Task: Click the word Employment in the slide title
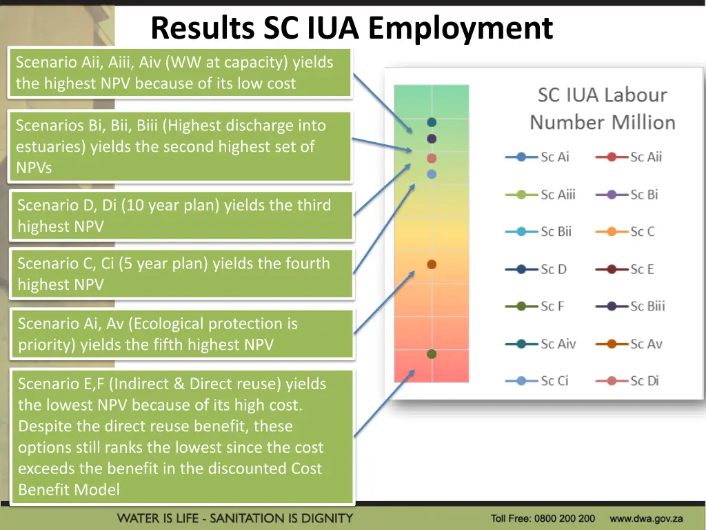(x=460, y=29)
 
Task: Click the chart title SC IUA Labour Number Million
(x=602, y=109)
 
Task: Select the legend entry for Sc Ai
(x=538, y=157)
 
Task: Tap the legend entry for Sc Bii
(x=538, y=232)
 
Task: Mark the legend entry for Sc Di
(x=627, y=381)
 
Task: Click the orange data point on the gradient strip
(x=432, y=264)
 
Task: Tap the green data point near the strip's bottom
(x=432, y=354)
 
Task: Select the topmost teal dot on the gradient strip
(x=432, y=122)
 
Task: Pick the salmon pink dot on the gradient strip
(x=432, y=159)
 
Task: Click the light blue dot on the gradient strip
(x=432, y=175)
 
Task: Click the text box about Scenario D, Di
(x=181, y=215)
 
